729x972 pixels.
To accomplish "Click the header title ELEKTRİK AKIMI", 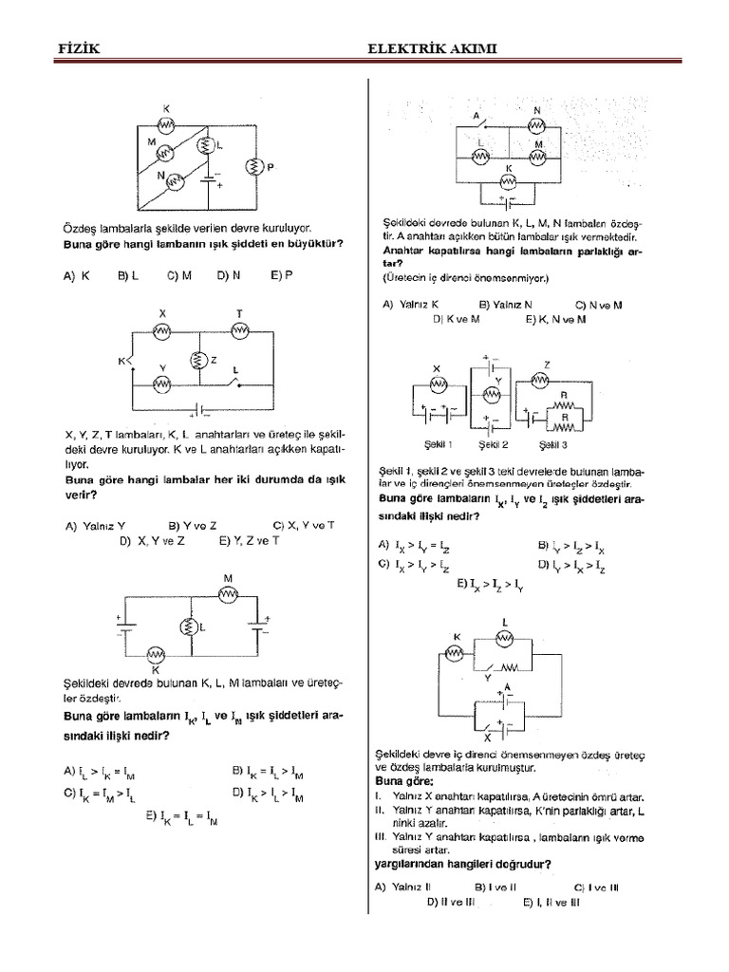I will [433, 48].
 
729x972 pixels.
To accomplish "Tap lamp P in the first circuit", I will [254, 167].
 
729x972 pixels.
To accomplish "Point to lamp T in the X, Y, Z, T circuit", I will [239, 328].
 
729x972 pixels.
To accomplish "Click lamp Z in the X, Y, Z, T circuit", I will [199, 361].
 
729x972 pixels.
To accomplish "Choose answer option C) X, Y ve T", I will [304, 524].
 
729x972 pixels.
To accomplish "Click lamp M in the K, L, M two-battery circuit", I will [228, 594].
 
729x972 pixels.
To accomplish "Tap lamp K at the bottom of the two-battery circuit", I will [156, 655].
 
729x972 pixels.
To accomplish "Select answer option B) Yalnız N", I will [510, 305].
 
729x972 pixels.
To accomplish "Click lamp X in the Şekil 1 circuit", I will [438, 383].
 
